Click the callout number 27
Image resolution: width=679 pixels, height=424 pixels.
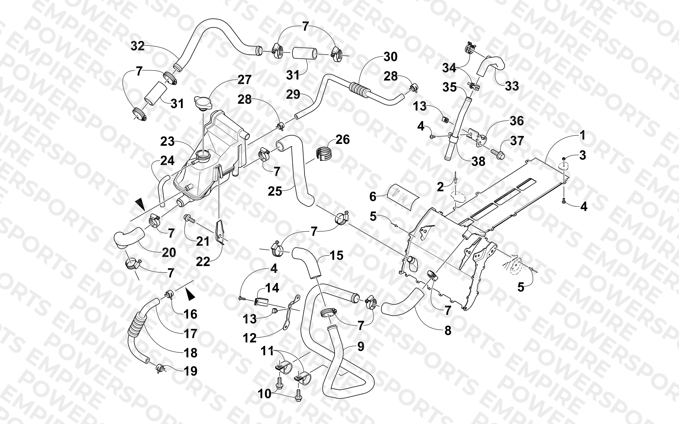click(244, 80)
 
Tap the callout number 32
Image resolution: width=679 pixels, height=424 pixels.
click(138, 46)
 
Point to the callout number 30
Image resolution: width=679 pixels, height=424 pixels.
click(390, 57)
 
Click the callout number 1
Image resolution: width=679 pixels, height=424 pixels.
click(582, 135)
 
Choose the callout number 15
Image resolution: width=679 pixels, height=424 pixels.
click(337, 255)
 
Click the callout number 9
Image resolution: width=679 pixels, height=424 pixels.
click(361, 347)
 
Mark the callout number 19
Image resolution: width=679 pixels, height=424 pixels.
click(190, 371)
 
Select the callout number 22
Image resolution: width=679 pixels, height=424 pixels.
click(203, 262)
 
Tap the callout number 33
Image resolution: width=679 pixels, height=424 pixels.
click(512, 86)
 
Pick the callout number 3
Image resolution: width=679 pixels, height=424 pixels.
click(582, 155)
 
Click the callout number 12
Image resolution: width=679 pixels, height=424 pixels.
click(250, 338)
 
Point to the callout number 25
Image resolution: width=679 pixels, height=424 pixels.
click(275, 192)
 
